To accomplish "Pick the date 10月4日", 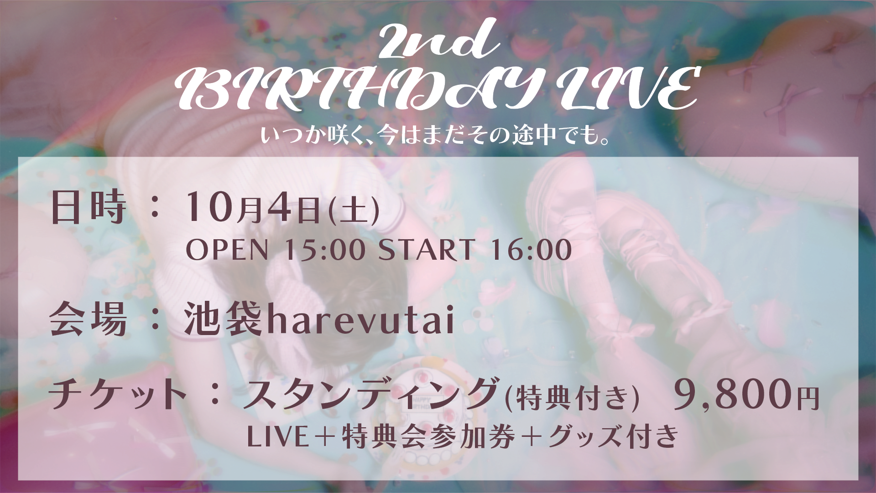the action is [253, 208].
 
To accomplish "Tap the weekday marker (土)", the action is [354, 211].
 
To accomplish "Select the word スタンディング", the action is [370, 393].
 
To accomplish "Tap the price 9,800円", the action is [746, 395].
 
